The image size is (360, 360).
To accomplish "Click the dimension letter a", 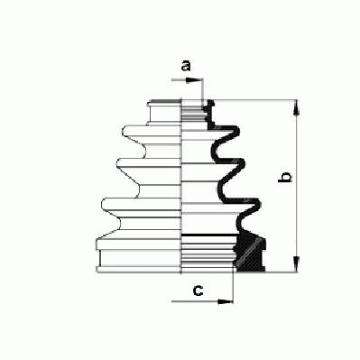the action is [186, 66].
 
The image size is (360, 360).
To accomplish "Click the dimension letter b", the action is [284, 177].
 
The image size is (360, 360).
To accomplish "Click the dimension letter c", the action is [198, 291].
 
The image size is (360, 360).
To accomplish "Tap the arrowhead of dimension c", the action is [226, 301].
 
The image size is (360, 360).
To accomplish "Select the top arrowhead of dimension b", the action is [297, 107].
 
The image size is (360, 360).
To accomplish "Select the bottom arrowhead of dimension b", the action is [297, 264].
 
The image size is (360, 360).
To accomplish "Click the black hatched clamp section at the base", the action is [250, 254].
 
